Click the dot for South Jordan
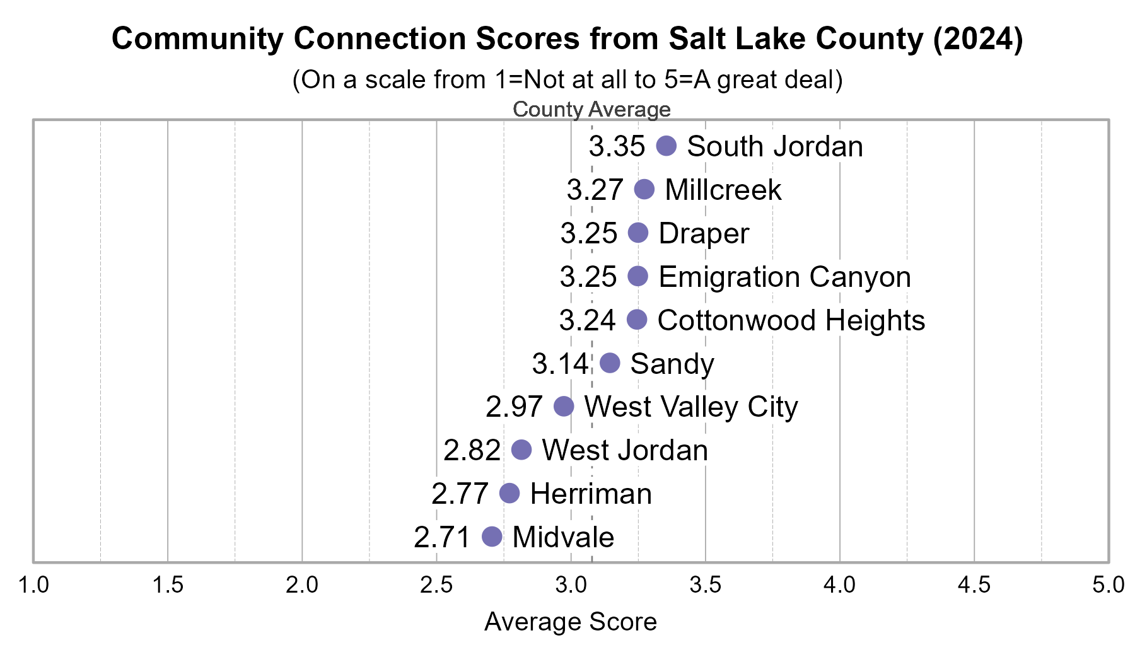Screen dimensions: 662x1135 click(666, 146)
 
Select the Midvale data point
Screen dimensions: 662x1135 click(492, 537)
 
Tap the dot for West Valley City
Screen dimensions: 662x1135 click(564, 406)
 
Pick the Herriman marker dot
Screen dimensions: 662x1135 click(509, 493)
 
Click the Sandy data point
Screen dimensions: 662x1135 click(610, 363)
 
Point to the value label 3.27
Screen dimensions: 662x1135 click(595, 190)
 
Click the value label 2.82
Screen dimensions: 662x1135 click(472, 450)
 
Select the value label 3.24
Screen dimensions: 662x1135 click(587, 320)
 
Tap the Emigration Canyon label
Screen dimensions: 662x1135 click(784, 277)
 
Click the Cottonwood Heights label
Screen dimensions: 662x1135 click(791, 320)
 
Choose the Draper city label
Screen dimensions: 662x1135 click(704, 233)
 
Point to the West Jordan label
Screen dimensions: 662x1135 click(625, 450)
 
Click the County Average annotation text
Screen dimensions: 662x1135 click(591, 109)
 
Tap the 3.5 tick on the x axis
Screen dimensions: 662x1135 click(705, 585)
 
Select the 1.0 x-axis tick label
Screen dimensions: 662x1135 click(33, 585)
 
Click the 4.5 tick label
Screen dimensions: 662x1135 click(974, 585)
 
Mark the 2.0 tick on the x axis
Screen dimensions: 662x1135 click(302, 585)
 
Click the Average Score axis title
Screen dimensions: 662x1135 click(571, 622)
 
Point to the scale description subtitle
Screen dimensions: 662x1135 click(567, 80)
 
